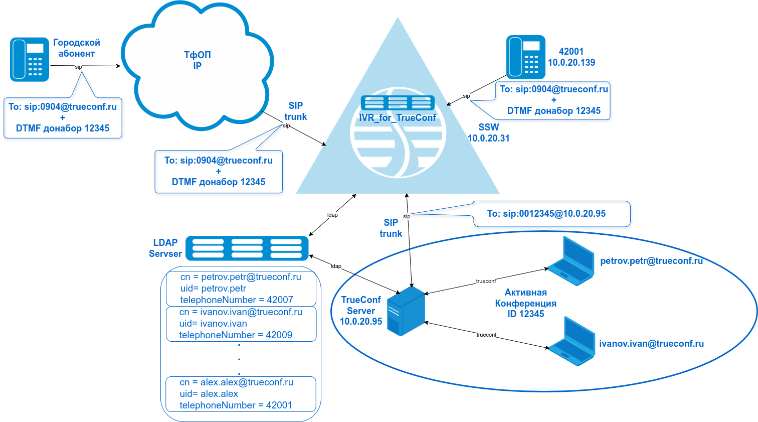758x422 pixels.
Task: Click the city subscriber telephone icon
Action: [30, 59]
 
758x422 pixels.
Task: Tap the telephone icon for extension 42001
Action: [525, 57]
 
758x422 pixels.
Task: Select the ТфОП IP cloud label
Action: [197, 60]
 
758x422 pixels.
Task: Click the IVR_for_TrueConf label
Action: [398, 118]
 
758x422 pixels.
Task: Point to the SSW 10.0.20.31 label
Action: [489, 133]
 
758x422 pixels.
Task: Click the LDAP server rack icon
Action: [247, 248]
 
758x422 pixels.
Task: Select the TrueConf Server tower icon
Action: [407, 311]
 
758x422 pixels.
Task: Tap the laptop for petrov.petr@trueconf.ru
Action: [571, 260]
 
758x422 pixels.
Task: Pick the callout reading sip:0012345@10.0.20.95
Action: [546, 214]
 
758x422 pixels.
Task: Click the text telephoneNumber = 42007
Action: [237, 300]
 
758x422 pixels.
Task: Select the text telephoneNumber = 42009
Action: [236, 335]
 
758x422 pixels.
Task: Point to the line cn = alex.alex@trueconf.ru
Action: [236, 382]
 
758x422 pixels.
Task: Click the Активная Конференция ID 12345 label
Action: [525, 303]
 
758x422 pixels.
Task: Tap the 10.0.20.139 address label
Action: [571, 63]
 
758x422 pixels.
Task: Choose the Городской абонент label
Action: [77, 48]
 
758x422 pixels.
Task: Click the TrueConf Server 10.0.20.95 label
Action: [361, 311]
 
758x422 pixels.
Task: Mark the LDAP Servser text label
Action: [165, 248]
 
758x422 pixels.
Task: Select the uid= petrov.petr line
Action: [213, 289]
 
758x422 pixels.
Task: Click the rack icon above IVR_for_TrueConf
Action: [398, 103]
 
